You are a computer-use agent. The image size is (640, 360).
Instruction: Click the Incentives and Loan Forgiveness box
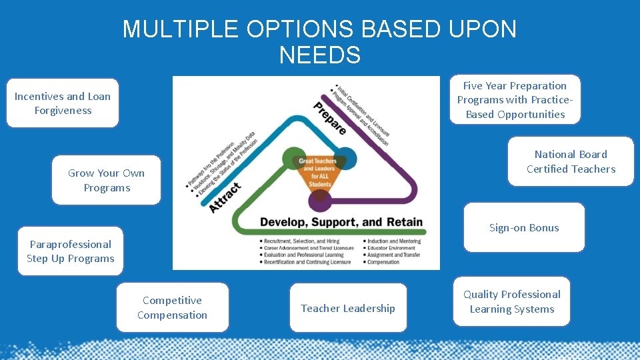coord(63,103)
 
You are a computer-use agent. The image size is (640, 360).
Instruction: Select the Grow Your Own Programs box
coord(107,180)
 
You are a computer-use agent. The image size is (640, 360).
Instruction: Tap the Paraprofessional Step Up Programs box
coord(71,251)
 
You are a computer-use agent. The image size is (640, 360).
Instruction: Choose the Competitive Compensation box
coord(172,307)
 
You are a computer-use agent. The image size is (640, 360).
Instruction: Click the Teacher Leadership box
coord(348,308)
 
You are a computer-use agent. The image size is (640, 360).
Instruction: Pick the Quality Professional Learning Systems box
coord(512,301)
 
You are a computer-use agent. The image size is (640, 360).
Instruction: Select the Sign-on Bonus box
coord(524,227)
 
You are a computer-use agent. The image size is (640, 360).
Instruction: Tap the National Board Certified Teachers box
coord(571,161)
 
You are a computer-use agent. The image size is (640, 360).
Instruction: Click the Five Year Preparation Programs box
coord(515,100)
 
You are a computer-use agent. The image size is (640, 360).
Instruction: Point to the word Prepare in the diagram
coord(330,118)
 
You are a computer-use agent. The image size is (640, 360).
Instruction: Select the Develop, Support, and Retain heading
coord(341,222)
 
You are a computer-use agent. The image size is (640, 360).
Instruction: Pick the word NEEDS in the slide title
coord(320,55)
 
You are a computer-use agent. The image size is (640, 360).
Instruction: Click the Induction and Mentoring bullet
coord(394,241)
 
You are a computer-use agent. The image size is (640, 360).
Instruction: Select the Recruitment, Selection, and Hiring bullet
coord(301,241)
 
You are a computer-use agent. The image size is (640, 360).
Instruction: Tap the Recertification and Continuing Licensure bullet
coord(307,262)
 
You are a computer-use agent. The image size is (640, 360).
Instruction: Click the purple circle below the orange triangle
coord(321,197)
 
